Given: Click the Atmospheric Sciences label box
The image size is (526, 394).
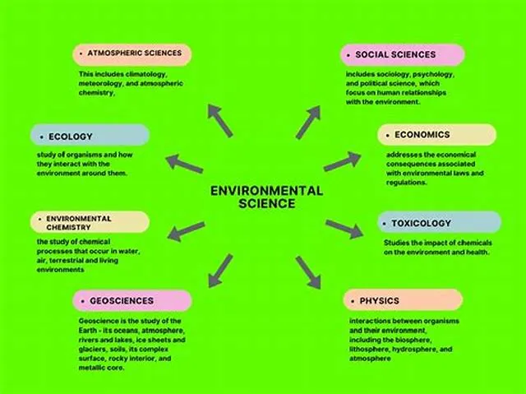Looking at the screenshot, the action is click(x=131, y=54).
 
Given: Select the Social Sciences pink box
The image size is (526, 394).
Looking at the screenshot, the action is click(x=402, y=55).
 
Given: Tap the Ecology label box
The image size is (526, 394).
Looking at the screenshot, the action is click(x=90, y=135).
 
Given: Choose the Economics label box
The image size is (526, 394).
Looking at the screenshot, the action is click(x=436, y=135).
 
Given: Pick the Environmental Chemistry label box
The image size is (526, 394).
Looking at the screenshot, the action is click(x=90, y=222).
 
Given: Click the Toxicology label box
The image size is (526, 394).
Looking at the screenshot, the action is click(x=440, y=222).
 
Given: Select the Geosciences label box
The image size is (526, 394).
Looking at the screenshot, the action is click(x=132, y=301).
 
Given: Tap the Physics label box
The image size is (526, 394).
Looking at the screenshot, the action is click(x=403, y=300).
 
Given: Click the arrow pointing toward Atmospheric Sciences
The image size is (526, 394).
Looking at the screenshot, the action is click(x=220, y=120).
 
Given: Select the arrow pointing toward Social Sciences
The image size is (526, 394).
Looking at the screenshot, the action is click(x=308, y=122).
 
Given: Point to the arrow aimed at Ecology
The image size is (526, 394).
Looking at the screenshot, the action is click(x=184, y=164).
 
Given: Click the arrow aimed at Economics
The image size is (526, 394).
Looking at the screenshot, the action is click(x=342, y=161).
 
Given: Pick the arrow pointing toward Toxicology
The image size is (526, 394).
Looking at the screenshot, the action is click(x=344, y=229).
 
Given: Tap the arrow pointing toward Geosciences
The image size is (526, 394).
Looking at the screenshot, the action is click(x=220, y=271).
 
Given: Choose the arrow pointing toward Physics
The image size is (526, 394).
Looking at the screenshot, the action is click(x=308, y=272).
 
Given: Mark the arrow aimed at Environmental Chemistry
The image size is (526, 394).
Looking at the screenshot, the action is click(x=187, y=231).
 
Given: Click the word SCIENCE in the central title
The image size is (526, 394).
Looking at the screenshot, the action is click(x=267, y=203).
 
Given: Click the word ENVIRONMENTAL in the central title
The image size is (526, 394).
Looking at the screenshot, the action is click(x=266, y=191).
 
